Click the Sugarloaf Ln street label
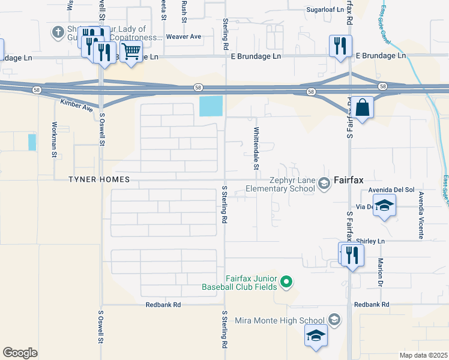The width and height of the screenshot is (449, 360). [325, 10]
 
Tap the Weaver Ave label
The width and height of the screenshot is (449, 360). [184, 37]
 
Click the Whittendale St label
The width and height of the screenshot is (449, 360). [256, 145]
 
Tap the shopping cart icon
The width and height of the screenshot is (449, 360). [130, 52]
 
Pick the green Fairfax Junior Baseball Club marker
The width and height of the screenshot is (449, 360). [286, 281]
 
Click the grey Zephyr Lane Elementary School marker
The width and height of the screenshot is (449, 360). [324, 183]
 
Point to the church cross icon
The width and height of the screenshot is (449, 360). [58, 32]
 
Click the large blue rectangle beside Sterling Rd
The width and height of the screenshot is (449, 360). [211, 106]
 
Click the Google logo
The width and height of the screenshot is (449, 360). [20, 353]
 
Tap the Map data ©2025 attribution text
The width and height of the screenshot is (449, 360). [423, 355]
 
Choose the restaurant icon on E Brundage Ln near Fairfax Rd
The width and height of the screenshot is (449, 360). [340, 46]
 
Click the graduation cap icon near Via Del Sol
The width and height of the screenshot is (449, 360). [384, 205]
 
